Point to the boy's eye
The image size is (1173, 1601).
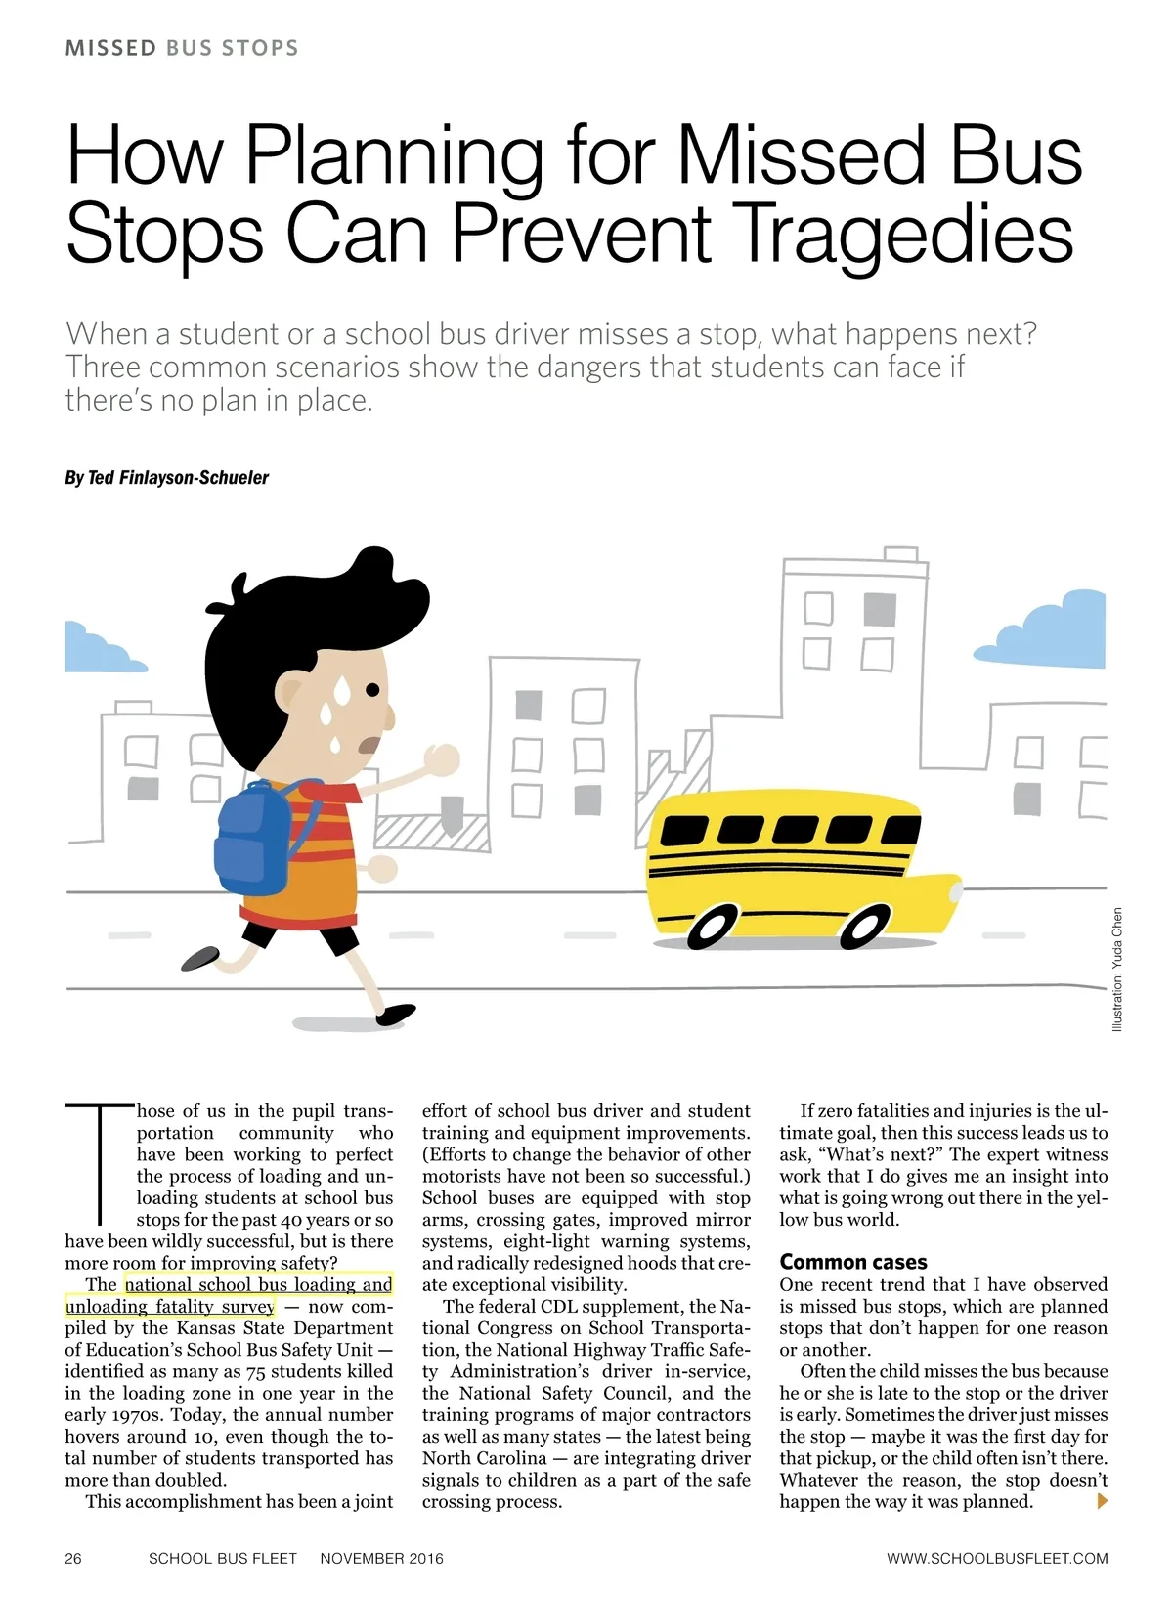[x=371, y=690]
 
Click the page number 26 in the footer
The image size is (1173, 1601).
[x=73, y=1558]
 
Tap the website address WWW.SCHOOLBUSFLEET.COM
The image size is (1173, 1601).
[x=997, y=1558]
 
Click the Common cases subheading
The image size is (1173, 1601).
[x=852, y=1262]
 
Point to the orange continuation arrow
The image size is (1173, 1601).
[x=1103, y=1501]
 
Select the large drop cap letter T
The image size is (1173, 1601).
[x=99, y=1163]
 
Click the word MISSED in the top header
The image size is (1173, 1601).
[x=110, y=48]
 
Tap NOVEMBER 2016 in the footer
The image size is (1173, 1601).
[x=381, y=1558]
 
